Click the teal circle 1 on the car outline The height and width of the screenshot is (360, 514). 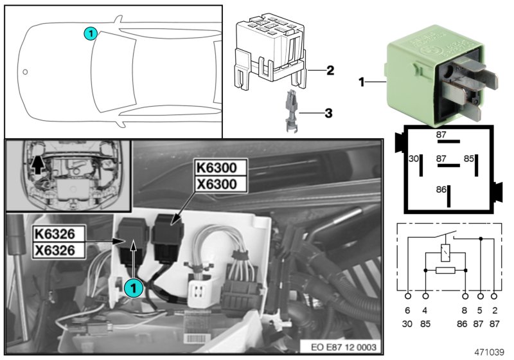click(91, 32)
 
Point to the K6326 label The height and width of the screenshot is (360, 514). click(57, 232)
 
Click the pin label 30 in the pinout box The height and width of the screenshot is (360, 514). click(414, 158)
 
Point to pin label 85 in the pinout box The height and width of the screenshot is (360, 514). click(469, 158)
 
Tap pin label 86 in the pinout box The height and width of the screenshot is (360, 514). click(441, 190)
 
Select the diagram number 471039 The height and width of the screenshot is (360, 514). click(490, 353)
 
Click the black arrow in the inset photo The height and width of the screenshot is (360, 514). click(39, 165)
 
